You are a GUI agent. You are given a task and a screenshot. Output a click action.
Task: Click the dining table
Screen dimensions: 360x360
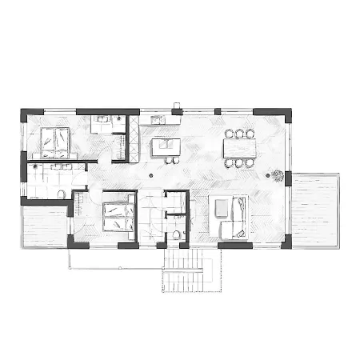[x=239, y=148]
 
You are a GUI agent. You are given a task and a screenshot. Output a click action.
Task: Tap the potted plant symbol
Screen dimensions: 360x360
[x=277, y=175]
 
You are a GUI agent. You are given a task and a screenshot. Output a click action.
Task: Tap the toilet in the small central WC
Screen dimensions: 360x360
[x=174, y=234]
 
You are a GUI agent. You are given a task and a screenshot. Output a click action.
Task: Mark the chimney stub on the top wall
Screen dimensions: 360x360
[x=178, y=105]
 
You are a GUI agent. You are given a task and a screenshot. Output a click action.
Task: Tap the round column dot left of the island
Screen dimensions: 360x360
[x=150, y=174]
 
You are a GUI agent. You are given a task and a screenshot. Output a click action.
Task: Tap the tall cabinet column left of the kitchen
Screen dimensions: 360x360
[x=134, y=138]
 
